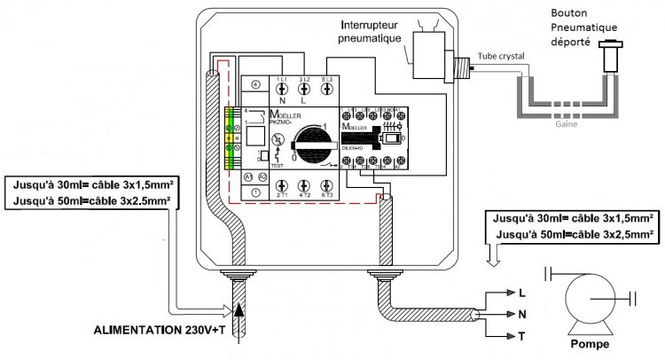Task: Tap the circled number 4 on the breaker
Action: point(255,85)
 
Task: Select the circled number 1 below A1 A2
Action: point(255,192)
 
